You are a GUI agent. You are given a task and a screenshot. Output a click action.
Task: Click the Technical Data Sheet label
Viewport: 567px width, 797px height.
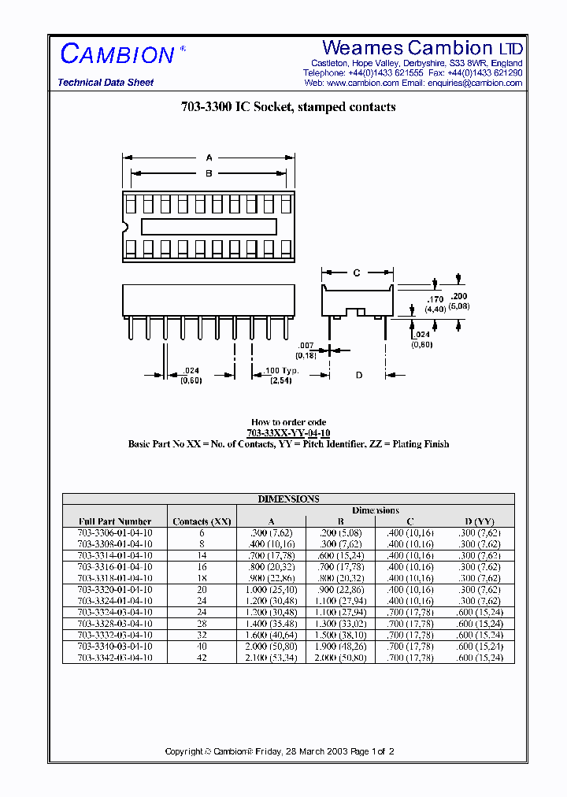point(106,83)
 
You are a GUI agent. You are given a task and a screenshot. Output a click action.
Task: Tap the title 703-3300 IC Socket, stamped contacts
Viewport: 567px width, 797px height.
point(288,107)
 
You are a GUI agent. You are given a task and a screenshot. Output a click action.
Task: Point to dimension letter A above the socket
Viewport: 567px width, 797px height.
point(209,158)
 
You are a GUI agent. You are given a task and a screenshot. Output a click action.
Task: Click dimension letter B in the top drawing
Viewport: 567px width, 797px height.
point(209,173)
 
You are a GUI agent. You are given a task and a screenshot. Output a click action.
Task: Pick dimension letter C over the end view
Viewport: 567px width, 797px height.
point(356,273)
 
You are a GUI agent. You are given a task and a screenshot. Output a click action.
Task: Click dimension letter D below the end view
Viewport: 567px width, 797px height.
point(358,376)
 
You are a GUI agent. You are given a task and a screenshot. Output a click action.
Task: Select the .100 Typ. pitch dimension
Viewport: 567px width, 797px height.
point(281,370)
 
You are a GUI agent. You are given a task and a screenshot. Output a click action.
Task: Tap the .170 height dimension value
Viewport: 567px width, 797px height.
point(435,299)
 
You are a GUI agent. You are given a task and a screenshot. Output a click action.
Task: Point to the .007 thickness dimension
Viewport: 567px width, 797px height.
point(307,347)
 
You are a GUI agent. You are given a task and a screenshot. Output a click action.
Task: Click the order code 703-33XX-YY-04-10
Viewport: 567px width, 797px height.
point(288,433)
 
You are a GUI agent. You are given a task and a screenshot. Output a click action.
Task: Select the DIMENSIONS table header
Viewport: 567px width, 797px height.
point(288,499)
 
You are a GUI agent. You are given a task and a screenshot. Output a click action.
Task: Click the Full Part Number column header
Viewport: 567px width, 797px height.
point(115,521)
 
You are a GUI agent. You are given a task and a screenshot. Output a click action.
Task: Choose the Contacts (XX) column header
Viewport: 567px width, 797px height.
point(202,521)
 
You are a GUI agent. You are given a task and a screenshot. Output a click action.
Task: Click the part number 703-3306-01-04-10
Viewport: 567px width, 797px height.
point(115,533)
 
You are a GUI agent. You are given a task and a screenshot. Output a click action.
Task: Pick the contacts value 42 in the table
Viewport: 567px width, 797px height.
point(202,658)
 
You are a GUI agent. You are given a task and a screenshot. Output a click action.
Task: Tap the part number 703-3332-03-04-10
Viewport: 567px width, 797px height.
point(115,635)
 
